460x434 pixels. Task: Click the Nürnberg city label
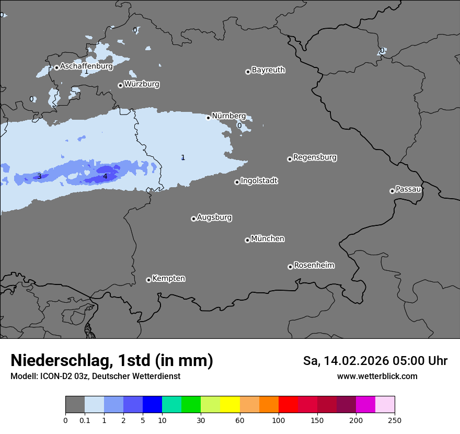pos(228,116)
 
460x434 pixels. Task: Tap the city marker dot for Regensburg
pos(290,159)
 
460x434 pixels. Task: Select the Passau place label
pos(408,189)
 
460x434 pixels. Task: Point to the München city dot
pos(247,241)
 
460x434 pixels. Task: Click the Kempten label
pos(168,279)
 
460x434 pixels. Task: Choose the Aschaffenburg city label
pos(86,66)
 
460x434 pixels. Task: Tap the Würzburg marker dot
pos(120,85)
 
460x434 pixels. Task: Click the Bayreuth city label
pos(268,70)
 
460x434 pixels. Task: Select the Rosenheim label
pos(314,266)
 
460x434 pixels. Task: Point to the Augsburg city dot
pos(193,219)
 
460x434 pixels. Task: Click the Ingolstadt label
pos(259,181)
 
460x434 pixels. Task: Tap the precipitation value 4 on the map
pos(105,177)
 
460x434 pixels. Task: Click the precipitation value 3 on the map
pos(39,177)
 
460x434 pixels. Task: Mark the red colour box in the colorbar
pos(288,405)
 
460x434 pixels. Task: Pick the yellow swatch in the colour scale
pos(230,405)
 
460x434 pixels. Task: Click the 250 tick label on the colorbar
pos(395,420)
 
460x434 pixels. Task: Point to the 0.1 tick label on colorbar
pos(85,420)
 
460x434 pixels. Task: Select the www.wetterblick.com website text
pos(377,376)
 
